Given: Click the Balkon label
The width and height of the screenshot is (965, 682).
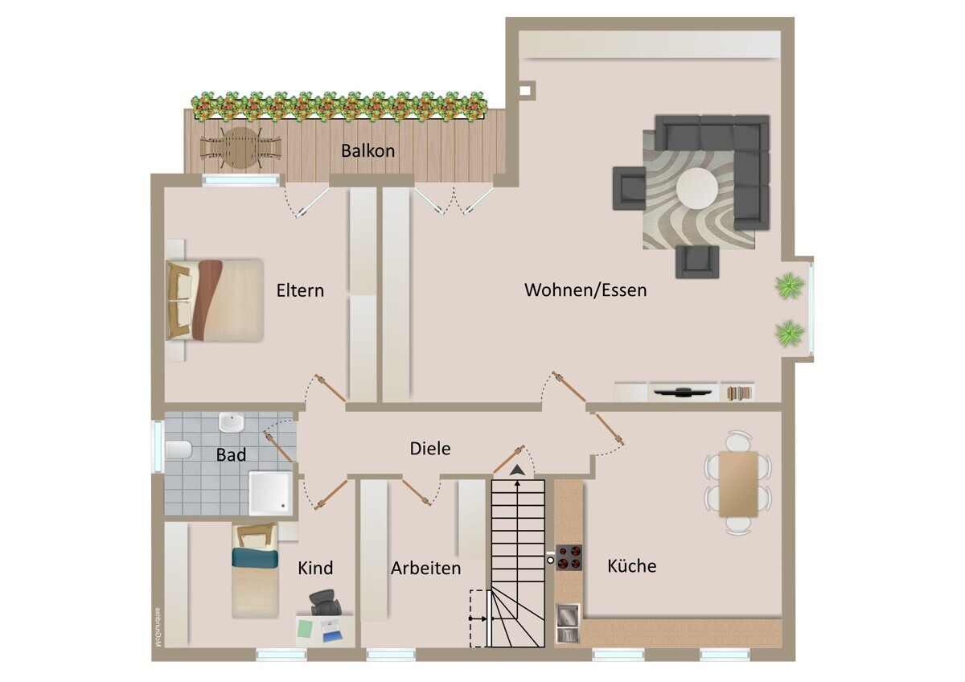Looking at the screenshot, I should (368, 150).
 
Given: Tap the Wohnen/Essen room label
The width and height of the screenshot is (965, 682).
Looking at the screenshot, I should (585, 290).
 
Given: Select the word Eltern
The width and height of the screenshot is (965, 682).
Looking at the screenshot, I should (300, 290).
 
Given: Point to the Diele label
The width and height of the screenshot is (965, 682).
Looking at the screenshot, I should (430, 448).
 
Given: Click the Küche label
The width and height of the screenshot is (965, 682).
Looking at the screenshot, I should (631, 565).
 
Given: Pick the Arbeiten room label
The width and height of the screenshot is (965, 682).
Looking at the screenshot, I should (426, 568).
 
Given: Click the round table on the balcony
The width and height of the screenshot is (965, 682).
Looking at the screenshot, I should (240, 148).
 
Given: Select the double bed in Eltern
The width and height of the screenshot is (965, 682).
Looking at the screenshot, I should (215, 299).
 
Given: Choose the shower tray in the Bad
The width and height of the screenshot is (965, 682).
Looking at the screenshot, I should (270, 492).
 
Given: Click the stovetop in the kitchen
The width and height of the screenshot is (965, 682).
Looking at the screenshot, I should (569, 557).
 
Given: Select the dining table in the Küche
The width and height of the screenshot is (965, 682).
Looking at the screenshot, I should (738, 484).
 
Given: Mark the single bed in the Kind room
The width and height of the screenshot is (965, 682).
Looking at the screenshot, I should (255, 572).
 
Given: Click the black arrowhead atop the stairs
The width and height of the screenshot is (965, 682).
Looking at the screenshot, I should (517, 470).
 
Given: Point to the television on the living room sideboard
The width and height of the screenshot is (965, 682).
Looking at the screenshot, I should (684, 392).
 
